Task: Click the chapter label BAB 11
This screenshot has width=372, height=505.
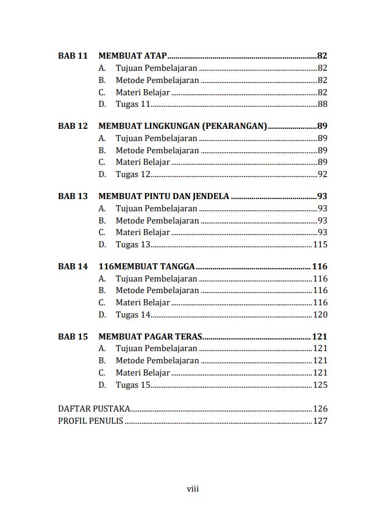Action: tap(73, 56)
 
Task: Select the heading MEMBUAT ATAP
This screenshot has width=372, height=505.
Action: tap(132, 56)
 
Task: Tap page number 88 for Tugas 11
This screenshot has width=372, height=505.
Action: tap(322, 104)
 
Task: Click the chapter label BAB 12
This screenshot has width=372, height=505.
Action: tap(73, 126)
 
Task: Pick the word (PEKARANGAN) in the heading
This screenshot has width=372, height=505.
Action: tap(234, 126)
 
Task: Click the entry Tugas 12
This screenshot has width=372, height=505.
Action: tap(132, 175)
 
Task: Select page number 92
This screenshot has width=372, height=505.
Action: tap(322, 175)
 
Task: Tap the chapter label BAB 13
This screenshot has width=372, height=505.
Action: tap(73, 196)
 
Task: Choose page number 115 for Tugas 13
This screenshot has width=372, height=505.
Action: tap(320, 245)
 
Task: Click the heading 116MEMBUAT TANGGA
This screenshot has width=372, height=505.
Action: tap(146, 266)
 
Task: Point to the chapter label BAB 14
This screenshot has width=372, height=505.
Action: tap(73, 266)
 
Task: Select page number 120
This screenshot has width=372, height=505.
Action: tap(320, 315)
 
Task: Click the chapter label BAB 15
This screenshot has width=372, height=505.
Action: tap(73, 336)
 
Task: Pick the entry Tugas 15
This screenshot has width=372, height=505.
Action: tap(132, 385)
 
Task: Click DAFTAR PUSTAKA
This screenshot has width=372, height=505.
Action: tap(93, 409)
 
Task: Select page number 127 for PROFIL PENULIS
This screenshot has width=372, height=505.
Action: tap(320, 421)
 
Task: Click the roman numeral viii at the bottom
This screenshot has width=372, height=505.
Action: tap(193, 489)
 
